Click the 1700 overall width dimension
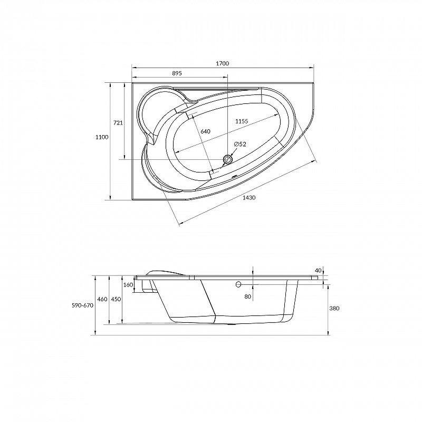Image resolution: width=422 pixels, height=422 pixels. [x=222, y=63]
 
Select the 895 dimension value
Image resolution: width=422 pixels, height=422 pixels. [x=177, y=73]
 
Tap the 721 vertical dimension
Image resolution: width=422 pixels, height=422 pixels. [x=118, y=122]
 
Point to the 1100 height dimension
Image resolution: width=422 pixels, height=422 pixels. [x=102, y=137]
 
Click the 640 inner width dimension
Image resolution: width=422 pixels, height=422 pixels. [x=205, y=131]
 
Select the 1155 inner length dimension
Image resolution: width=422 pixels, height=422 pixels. [x=242, y=121]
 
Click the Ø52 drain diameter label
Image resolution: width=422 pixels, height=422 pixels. [x=239, y=144]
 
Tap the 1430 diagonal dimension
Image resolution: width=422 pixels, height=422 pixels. [x=249, y=197]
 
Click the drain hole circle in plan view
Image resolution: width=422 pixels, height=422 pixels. [x=228, y=158]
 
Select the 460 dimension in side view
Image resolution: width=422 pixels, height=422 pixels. [x=102, y=299]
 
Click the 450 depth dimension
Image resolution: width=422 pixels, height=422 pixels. [x=116, y=299]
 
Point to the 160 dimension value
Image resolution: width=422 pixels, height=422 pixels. [x=128, y=285]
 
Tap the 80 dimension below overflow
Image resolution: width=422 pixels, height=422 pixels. [x=248, y=296]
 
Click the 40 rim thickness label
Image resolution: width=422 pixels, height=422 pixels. [x=318, y=270]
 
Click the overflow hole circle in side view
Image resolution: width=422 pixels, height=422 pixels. [x=238, y=284]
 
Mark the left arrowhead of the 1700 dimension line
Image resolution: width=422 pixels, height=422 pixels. [x=132, y=68]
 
